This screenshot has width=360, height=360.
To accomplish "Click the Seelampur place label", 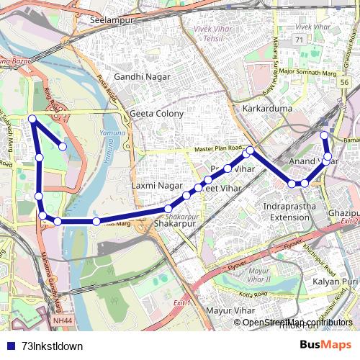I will coord(113,20).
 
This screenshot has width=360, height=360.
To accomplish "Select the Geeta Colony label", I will coord(156,114).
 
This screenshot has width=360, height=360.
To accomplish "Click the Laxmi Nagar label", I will coord(158,185).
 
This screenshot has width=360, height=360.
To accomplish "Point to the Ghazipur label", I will coord(343,214).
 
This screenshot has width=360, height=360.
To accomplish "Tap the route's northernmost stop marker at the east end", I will coord(324,135).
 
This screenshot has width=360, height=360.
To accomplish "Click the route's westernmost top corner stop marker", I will coord(32,119).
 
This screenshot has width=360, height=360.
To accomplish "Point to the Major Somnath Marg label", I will coord(307,71).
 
